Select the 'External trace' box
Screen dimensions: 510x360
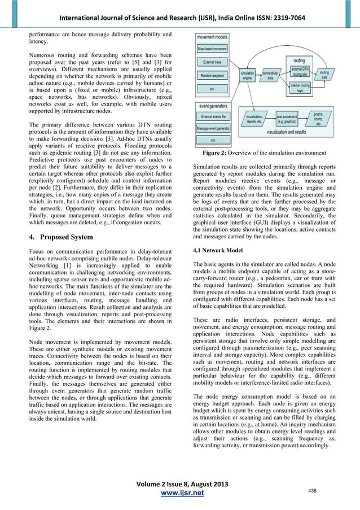coord(213,61)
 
